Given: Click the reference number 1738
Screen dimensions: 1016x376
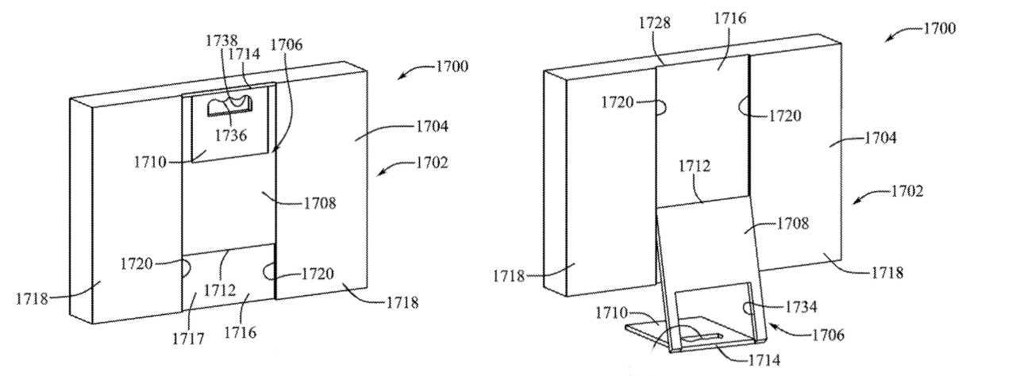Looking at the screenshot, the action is click(x=221, y=40).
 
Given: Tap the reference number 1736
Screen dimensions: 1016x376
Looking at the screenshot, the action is click(x=230, y=135).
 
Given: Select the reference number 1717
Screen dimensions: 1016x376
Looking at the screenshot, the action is click(x=188, y=339).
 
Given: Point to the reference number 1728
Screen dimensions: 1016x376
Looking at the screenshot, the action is click(x=655, y=23).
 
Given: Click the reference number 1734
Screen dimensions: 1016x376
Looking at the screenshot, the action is click(x=801, y=307).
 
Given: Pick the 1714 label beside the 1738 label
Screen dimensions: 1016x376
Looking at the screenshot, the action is click(x=244, y=54).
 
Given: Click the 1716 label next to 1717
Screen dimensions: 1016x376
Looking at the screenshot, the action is click(x=241, y=332).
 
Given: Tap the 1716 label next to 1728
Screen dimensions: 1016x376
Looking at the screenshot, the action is click(x=730, y=18).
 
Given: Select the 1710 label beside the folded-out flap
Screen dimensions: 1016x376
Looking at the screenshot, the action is click(x=611, y=313).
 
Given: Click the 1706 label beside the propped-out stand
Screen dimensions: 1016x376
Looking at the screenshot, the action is click(x=828, y=336).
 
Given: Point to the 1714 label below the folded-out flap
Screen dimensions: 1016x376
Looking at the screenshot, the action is click(x=764, y=360).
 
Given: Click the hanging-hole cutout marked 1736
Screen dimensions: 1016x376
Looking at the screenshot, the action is click(x=230, y=106).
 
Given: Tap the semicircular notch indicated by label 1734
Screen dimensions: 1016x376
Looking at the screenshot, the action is click(x=748, y=309).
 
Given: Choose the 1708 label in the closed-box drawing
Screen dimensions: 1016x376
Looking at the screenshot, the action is click(x=320, y=203).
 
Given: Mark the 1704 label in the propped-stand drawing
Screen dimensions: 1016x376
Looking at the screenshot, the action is click(x=880, y=137).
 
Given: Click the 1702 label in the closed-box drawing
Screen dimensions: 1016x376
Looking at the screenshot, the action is click(x=433, y=162).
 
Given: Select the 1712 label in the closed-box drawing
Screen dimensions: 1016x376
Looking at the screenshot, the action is click(x=220, y=290).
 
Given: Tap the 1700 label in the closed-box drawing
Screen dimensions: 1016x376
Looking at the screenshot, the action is click(x=452, y=67).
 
